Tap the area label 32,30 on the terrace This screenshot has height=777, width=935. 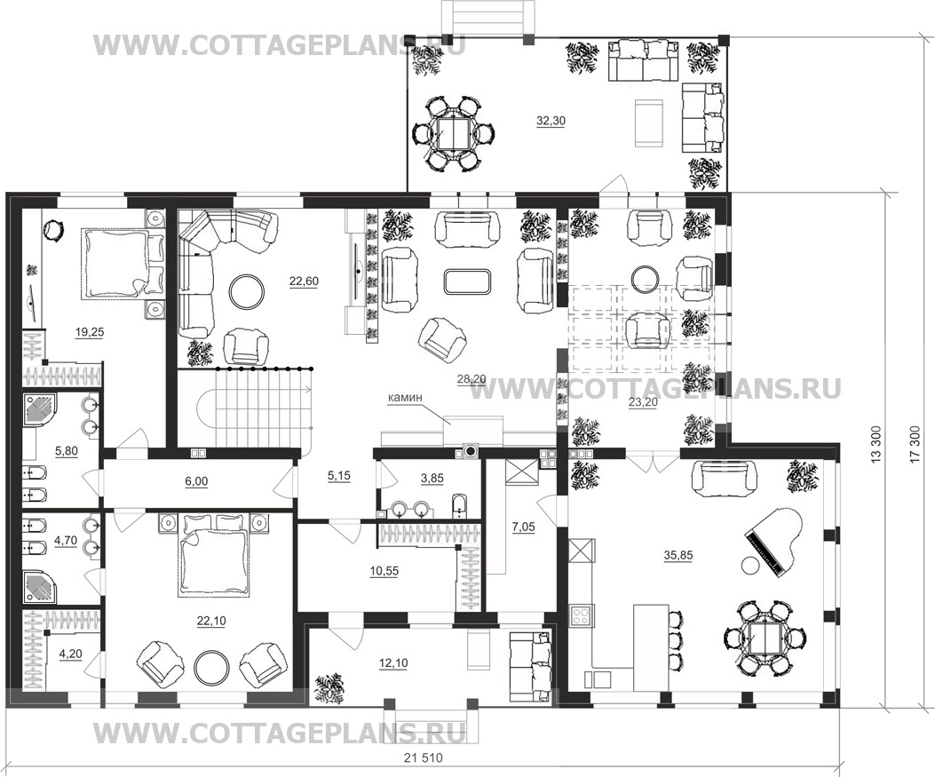551,121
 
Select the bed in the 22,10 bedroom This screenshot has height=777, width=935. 211,556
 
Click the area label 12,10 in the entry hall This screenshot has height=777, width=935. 392,663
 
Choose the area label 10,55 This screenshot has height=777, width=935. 384,571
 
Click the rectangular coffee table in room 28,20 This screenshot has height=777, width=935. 467,281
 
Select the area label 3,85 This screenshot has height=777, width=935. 432,479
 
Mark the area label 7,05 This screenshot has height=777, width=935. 524,526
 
